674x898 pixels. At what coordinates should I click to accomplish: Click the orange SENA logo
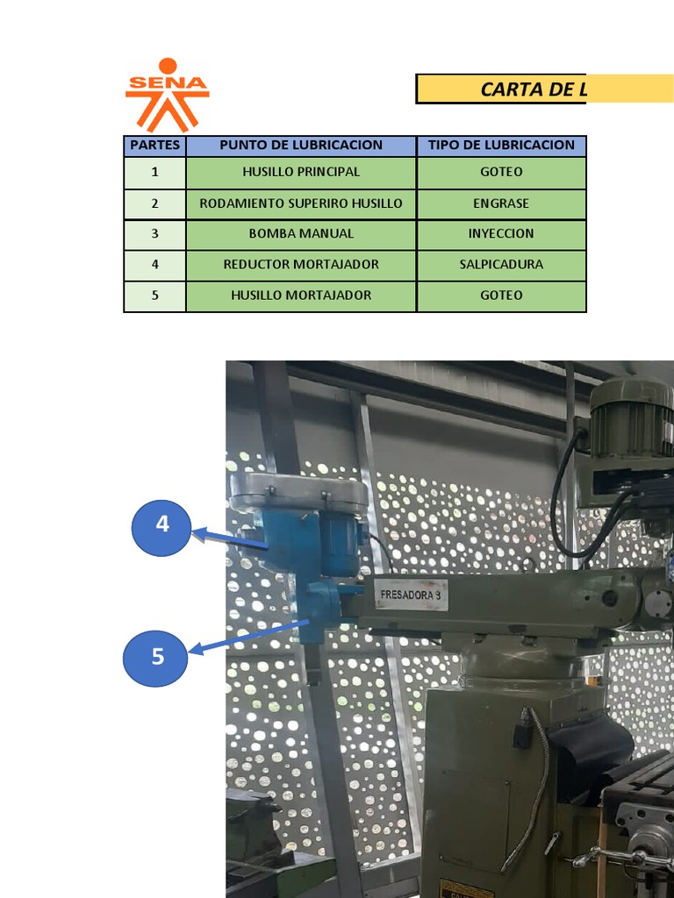click(x=167, y=95)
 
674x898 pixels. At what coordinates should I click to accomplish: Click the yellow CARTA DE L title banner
click(x=500, y=89)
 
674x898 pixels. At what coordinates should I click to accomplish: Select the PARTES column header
click(x=154, y=146)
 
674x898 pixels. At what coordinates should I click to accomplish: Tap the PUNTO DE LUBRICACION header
click(x=301, y=146)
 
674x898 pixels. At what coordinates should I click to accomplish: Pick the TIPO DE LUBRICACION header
click(x=501, y=146)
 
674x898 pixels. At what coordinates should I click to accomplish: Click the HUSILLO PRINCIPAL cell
click(x=301, y=172)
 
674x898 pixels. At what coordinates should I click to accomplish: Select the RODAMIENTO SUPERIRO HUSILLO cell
click(x=301, y=203)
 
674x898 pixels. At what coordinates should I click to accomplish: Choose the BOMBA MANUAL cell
click(x=301, y=234)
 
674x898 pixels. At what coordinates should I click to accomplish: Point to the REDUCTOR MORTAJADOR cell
click(x=301, y=265)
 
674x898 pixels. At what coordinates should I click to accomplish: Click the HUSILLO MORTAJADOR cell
click(x=301, y=296)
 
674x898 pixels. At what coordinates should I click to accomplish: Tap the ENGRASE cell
click(x=501, y=203)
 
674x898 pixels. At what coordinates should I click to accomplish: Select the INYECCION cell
click(x=501, y=234)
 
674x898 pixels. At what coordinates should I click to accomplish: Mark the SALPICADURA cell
click(x=501, y=265)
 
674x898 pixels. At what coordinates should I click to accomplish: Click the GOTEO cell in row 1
click(x=501, y=172)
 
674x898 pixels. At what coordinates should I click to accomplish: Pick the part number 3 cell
click(x=154, y=234)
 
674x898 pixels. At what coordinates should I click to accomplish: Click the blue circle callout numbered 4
click(x=161, y=525)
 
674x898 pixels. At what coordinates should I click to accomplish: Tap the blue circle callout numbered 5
click(x=157, y=656)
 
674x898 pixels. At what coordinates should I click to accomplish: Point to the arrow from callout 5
click(x=250, y=636)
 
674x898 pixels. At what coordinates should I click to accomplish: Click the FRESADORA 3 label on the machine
click(x=411, y=596)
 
